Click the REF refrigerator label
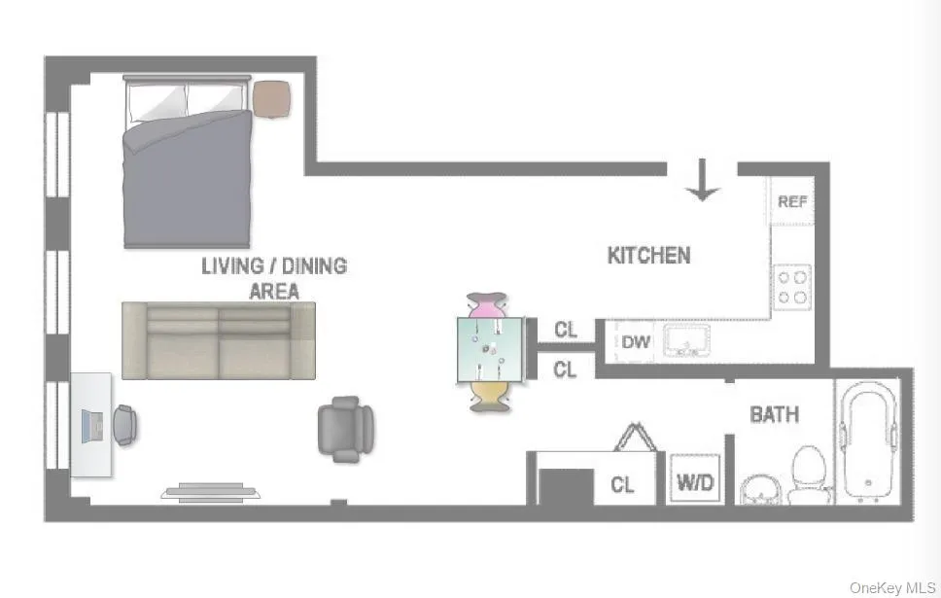coord(792,202)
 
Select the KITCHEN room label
coord(648,256)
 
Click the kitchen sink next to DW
coord(685,341)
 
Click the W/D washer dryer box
coord(693,479)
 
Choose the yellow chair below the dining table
coord(490,397)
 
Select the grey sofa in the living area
coord(219,339)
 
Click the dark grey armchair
coord(346,429)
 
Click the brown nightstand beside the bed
coord(272,97)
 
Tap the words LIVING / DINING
coord(273,265)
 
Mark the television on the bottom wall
coord(212,492)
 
